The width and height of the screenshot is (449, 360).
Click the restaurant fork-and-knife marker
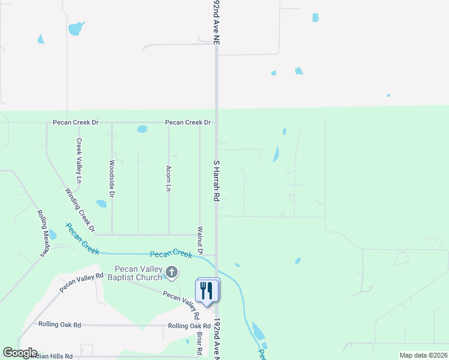208,290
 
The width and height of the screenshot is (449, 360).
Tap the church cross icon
171,273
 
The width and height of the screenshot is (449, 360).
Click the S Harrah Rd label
217,181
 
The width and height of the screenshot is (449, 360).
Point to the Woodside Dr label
112,178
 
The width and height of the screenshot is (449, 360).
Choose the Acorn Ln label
169,178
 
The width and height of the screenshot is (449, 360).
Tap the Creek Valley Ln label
79,160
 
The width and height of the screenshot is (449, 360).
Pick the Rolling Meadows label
42,233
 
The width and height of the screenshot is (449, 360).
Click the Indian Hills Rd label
47,356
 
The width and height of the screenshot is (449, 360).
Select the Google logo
19,353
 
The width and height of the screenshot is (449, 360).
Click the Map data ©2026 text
423,355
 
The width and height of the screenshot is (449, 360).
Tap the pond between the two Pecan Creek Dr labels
142,128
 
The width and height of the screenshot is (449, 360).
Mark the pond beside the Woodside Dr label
101,203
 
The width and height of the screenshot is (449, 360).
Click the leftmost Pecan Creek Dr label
75,122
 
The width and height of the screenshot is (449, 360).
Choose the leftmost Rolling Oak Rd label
59,325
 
